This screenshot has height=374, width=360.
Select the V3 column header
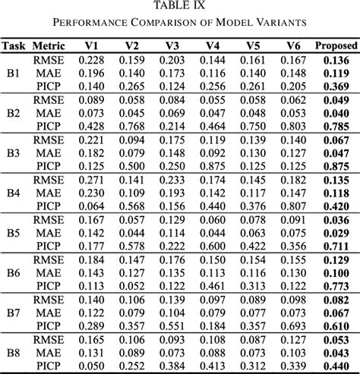pos(172,45)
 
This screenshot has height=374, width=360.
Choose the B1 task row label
pos(13,73)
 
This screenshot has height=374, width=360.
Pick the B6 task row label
pos(13,272)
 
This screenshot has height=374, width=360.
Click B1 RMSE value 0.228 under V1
pos(93,59)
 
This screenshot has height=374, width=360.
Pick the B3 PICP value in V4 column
pos(212,166)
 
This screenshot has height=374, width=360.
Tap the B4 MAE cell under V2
pos(133,193)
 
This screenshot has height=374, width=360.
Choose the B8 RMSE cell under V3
pos(172,338)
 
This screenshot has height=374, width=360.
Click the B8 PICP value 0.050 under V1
pos(93,365)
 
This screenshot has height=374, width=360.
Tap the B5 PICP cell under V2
pos(133,246)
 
